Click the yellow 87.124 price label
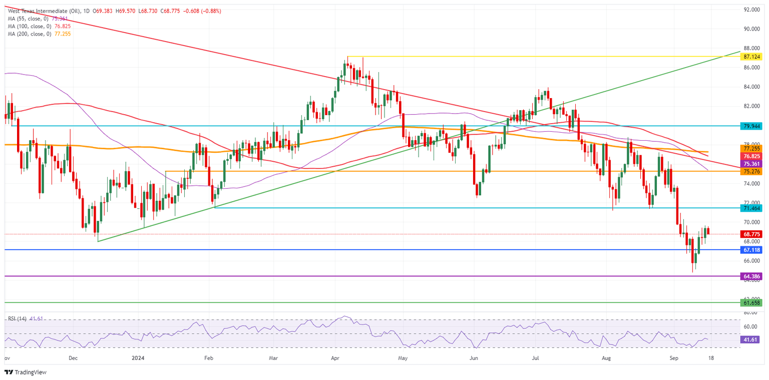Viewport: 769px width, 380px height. pyautogui.click(x=752, y=57)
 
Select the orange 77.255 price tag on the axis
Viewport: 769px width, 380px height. pyautogui.click(x=752, y=149)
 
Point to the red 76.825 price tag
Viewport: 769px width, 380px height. pyautogui.click(x=752, y=156)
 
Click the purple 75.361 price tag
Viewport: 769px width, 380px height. pyautogui.click(x=752, y=164)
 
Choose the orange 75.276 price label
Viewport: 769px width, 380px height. pyautogui.click(x=752, y=171)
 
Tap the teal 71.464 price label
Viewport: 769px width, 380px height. pyautogui.click(x=752, y=207)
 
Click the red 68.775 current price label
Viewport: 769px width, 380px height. pyautogui.click(x=752, y=234)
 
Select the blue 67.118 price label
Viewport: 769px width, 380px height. pyautogui.click(x=752, y=249)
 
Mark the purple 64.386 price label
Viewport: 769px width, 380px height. pyautogui.click(x=752, y=276)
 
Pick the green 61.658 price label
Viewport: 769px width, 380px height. pyautogui.click(x=752, y=302)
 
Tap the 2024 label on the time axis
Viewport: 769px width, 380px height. pyautogui.click(x=137, y=358)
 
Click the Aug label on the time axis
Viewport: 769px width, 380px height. pyautogui.click(x=607, y=358)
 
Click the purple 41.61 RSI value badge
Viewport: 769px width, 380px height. pyautogui.click(x=752, y=339)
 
